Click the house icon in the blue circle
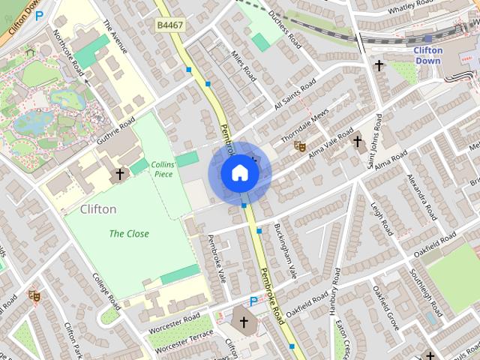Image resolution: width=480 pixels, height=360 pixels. coord(240,173)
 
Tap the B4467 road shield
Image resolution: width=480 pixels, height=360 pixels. coord(170,25)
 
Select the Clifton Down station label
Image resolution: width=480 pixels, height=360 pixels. coord(428,55)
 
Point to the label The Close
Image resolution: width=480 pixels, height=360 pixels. coord(129,233)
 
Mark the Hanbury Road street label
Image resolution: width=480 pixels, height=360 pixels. coord(335,300)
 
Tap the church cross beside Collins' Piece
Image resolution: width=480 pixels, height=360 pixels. coord(118,175)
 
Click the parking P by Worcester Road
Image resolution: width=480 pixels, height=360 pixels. coord(253,301)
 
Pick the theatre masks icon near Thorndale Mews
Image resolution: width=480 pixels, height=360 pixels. coord(300,147)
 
